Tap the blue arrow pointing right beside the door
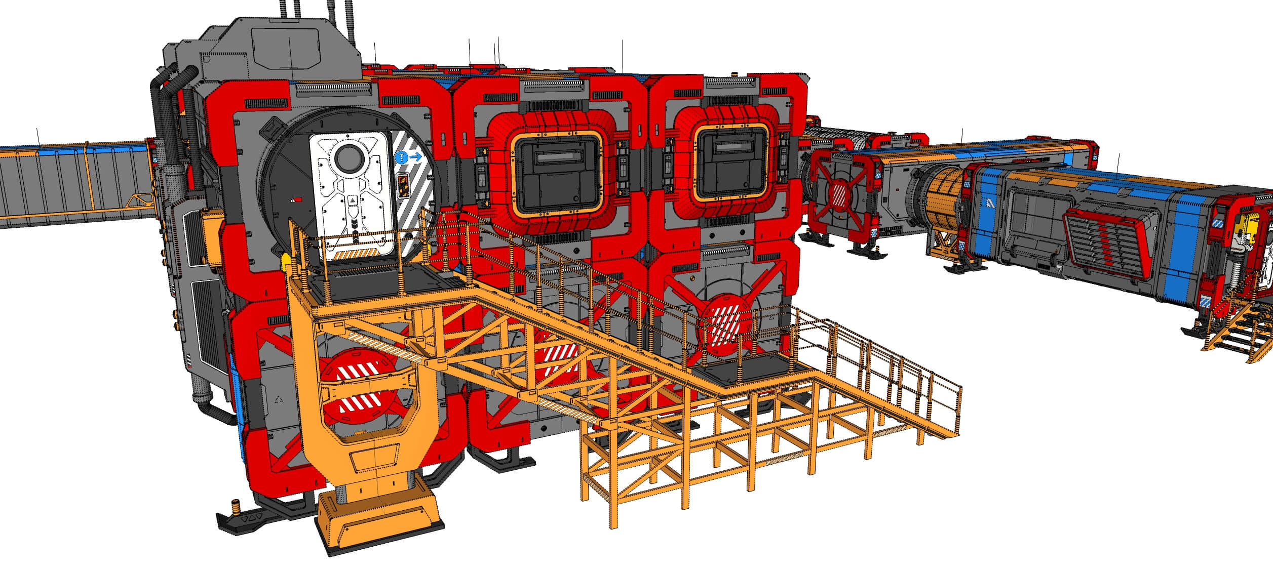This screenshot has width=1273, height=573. [415, 157]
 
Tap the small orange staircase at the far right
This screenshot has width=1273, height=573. [1239, 332]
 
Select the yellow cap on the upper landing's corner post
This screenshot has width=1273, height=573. [285, 261]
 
